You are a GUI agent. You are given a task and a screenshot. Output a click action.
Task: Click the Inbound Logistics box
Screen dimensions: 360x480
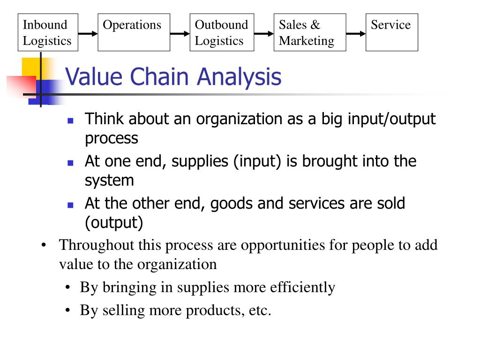pyautogui.click(x=47, y=32)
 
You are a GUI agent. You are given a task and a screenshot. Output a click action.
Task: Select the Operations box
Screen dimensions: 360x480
pyautogui.click(x=134, y=32)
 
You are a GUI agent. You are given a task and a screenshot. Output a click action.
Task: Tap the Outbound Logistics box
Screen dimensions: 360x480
pyautogui.click(x=222, y=32)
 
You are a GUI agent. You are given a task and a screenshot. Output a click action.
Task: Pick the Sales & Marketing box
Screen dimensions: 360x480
pyautogui.click(x=310, y=32)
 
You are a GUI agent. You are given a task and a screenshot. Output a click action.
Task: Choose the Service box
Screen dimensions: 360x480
pyautogui.click(x=391, y=32)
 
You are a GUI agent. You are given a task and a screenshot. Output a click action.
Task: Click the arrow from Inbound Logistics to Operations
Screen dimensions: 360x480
pyautogui.click(x=88, y=34)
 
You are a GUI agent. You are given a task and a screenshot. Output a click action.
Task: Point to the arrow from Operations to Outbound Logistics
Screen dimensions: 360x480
pyautogui.click(x=180, y=34)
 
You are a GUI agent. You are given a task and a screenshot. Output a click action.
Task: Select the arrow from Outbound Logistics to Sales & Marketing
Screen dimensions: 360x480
pyautogui.click(x=263, y=34)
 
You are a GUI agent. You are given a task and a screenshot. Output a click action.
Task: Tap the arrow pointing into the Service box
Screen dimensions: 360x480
pyautogui.click(x=356, y=34)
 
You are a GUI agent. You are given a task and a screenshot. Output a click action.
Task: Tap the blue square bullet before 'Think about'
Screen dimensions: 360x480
pyautogui.click(x=70, y=120)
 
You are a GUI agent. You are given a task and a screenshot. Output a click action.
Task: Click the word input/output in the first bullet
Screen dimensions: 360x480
pyautogui.click(x=392, y=119)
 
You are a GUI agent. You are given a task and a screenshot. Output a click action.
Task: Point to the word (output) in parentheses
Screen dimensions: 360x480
pyautogui.click(x=114, y=223)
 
